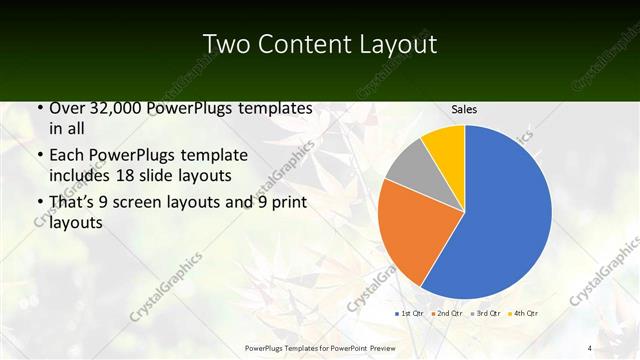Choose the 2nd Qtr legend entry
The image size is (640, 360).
click(x=447, y=314)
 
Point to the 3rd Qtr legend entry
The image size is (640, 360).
click(x=485, y=314)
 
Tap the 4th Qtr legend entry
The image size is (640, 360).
click(x=523, y=314)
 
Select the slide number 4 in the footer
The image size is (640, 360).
click(x=590, y=347)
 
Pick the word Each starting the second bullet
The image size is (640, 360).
click(x=66, y=155)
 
